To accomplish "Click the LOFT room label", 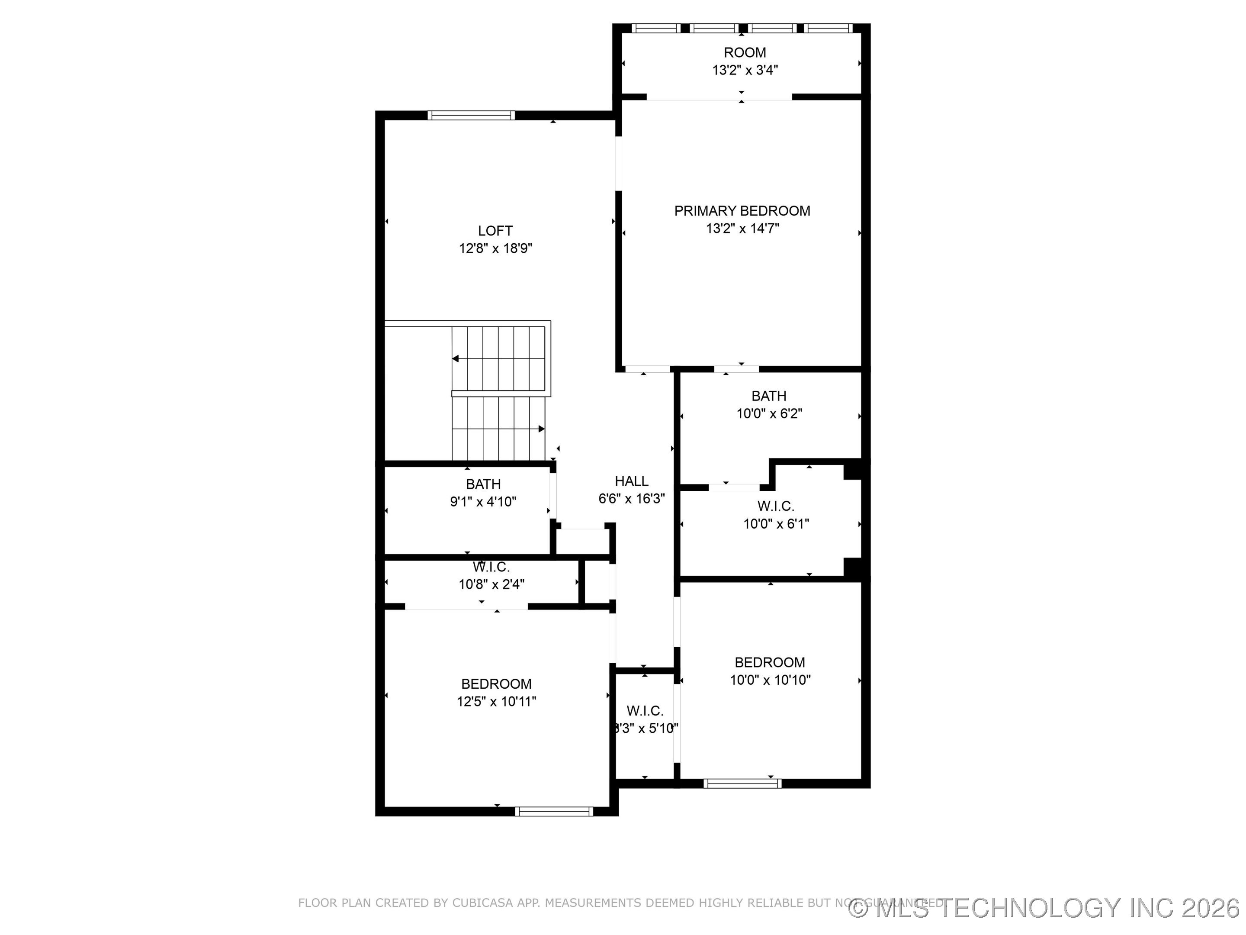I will pos(495,231).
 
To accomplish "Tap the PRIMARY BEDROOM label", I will pos(742,211).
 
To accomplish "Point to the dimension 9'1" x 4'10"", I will pos(483,502).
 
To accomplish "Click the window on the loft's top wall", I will pos(471,116).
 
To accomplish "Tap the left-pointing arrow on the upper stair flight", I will pos(455,359).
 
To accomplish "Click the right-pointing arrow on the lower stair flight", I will pos(541,429).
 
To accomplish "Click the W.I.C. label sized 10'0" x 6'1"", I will pos(775,506).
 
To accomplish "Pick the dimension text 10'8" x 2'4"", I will pos(491,584).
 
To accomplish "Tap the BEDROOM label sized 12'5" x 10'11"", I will pos(496,684).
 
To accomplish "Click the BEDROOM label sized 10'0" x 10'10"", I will pos(770,662).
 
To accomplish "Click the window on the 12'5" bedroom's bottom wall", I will pos(554,812).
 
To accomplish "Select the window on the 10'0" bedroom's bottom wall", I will pos(742,783).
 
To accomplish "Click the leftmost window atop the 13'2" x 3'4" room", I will pos(655,28).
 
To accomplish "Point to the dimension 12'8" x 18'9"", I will pos(495,248).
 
